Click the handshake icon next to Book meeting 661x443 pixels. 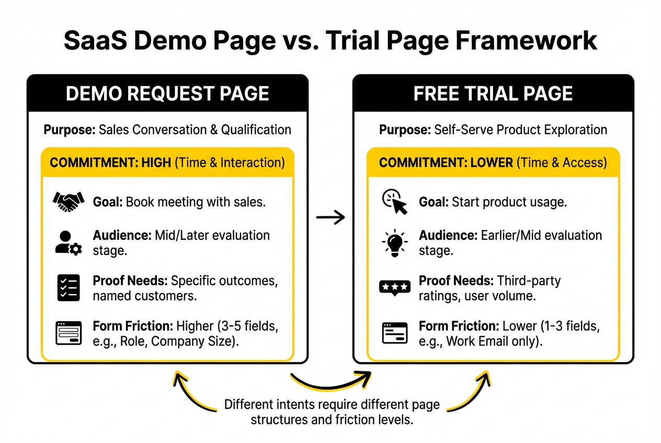tap(69, 201)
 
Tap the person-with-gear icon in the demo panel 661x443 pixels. tap(69, 243)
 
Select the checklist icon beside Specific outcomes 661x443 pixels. tap(69, 287)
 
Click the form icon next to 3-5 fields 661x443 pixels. tap(69, 333)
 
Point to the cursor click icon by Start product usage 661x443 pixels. tap(394, 202)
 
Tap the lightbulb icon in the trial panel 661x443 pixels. tap(394, 243)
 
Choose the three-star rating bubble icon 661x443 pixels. tap(394, 288)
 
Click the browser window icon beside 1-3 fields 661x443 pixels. tap(394, 333)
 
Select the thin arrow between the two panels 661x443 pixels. tap(331, 218)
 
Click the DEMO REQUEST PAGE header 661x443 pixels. tap(167, 94)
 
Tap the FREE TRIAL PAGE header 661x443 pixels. tap(493, 94)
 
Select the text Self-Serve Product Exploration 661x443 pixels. tap(521, 130)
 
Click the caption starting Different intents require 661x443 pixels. tap(332, 412)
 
